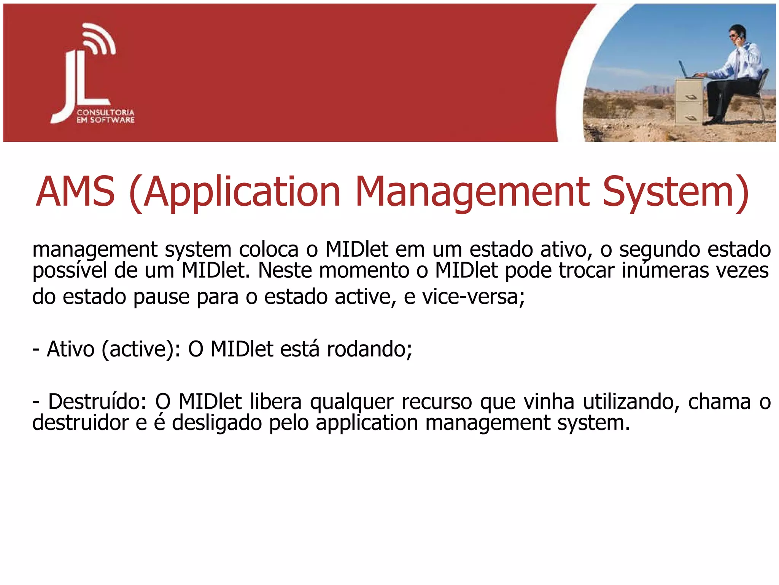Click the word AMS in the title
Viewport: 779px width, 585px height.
click(x=75, y=191)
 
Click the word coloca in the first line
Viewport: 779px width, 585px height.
click(x=269, y=250)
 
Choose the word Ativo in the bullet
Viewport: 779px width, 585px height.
click(x=70, y=349)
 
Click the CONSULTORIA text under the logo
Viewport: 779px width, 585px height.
click(x=105, y=112)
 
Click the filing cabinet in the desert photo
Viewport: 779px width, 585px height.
click(x=688, y=101)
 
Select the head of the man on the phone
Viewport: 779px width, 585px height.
click(x=736, y=34)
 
